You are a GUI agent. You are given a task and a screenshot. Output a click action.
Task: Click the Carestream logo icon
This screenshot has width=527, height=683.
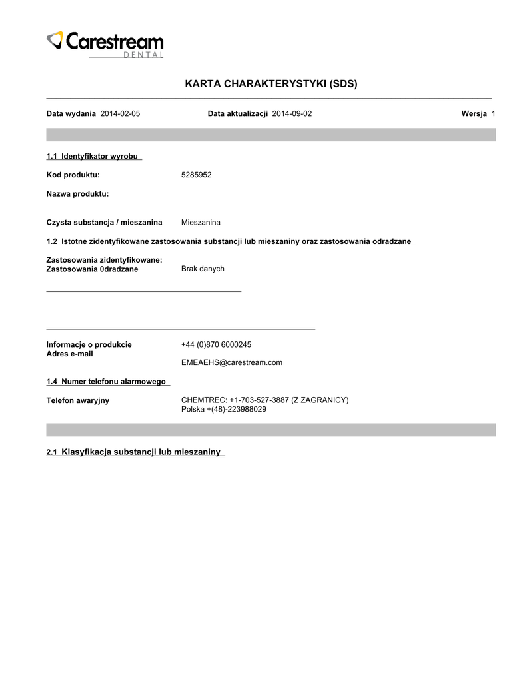coord(55,40)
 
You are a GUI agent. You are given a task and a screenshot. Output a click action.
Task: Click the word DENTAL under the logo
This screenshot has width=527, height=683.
coord(143,55)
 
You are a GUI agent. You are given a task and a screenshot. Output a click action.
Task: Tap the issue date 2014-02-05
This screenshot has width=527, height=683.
coord(120,114)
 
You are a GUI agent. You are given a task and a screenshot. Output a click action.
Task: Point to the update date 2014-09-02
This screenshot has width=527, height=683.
coord(292,114)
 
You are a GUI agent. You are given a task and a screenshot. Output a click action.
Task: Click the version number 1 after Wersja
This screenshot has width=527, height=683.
coord(493,114)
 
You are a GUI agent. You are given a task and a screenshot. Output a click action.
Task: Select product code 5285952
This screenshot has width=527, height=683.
coord(197,175)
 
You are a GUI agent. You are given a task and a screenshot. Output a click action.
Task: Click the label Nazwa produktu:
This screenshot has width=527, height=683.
coord(77,194)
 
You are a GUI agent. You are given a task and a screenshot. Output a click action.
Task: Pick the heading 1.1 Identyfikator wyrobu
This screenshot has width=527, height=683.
coord(92,156)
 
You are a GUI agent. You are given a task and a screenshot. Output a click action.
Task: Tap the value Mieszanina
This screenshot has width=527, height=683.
coord(201,222)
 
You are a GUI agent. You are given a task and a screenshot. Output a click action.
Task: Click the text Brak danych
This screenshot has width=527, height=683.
coord(203,269)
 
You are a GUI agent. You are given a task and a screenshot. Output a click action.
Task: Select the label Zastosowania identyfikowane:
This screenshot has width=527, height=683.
coord(105,260)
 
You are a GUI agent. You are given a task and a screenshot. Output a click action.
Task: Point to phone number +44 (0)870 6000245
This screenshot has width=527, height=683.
coord(216,345)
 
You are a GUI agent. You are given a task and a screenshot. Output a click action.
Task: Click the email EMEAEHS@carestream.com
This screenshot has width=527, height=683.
coord(232,362)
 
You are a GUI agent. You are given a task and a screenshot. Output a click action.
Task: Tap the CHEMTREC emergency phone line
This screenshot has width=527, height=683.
coord(264,400)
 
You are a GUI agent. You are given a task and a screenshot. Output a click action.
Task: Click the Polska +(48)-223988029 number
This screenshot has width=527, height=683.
coord(224,409)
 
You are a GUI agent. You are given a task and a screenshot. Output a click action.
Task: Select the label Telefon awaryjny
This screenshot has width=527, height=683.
coord(78,400)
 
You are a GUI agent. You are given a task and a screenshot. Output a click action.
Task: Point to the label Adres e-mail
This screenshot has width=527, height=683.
coord(69,354)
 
